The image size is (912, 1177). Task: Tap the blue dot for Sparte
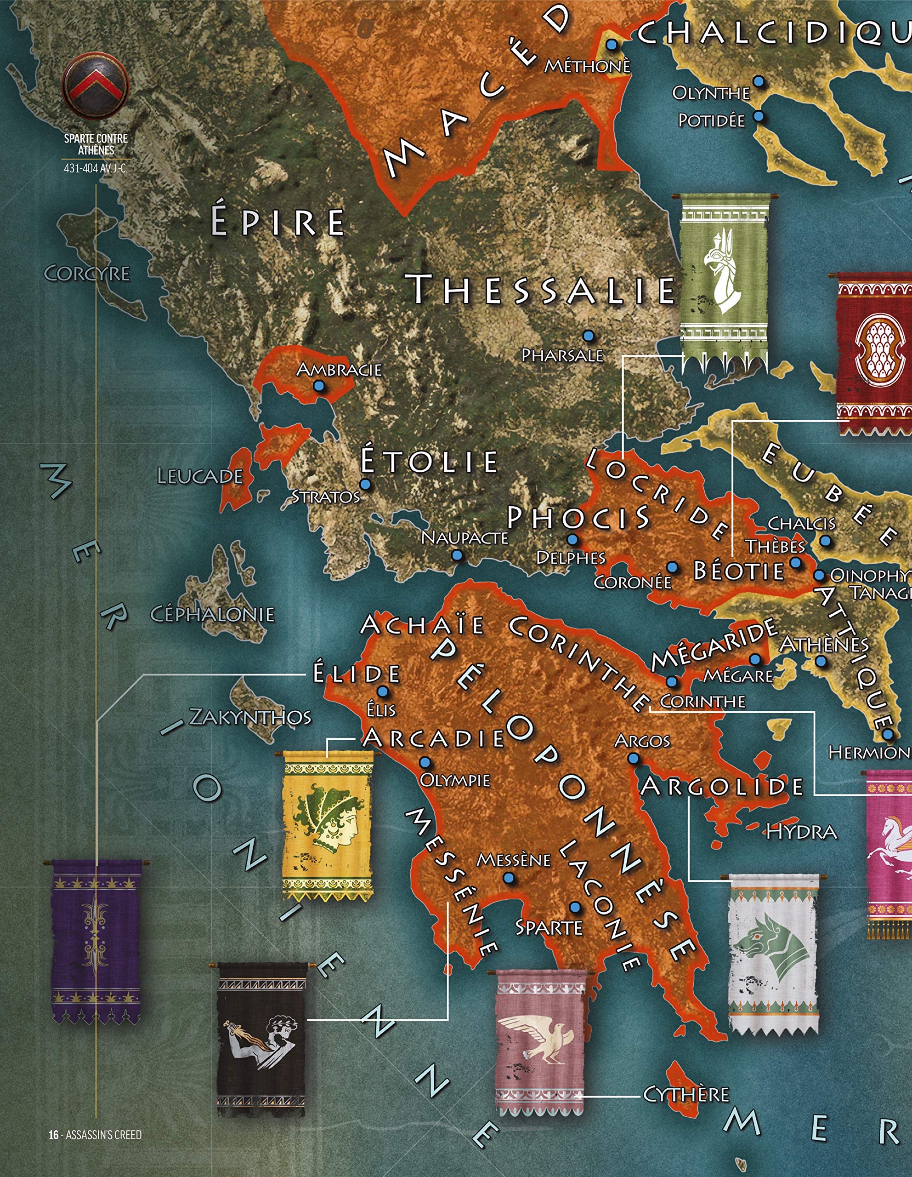tap(575, 908)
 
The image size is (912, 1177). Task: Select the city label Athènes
tap(824, 645)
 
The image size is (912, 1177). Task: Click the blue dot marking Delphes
tap(572, 539)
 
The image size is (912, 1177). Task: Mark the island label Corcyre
tap(86, 274)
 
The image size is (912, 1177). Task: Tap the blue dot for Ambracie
tap(319, 386)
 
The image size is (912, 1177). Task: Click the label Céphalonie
tap(212, 614)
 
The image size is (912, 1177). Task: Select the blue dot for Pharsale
tap(588, 336)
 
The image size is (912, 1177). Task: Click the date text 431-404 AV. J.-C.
tap(96, 168)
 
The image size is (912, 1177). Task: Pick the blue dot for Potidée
tap(759, 116)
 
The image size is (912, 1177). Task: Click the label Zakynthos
tap(250, 717)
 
